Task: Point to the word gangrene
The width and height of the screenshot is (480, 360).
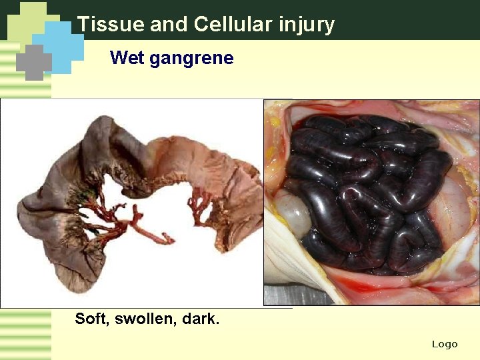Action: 191,59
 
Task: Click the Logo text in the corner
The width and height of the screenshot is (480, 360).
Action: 445,344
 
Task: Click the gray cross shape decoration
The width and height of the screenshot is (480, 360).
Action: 33,62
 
